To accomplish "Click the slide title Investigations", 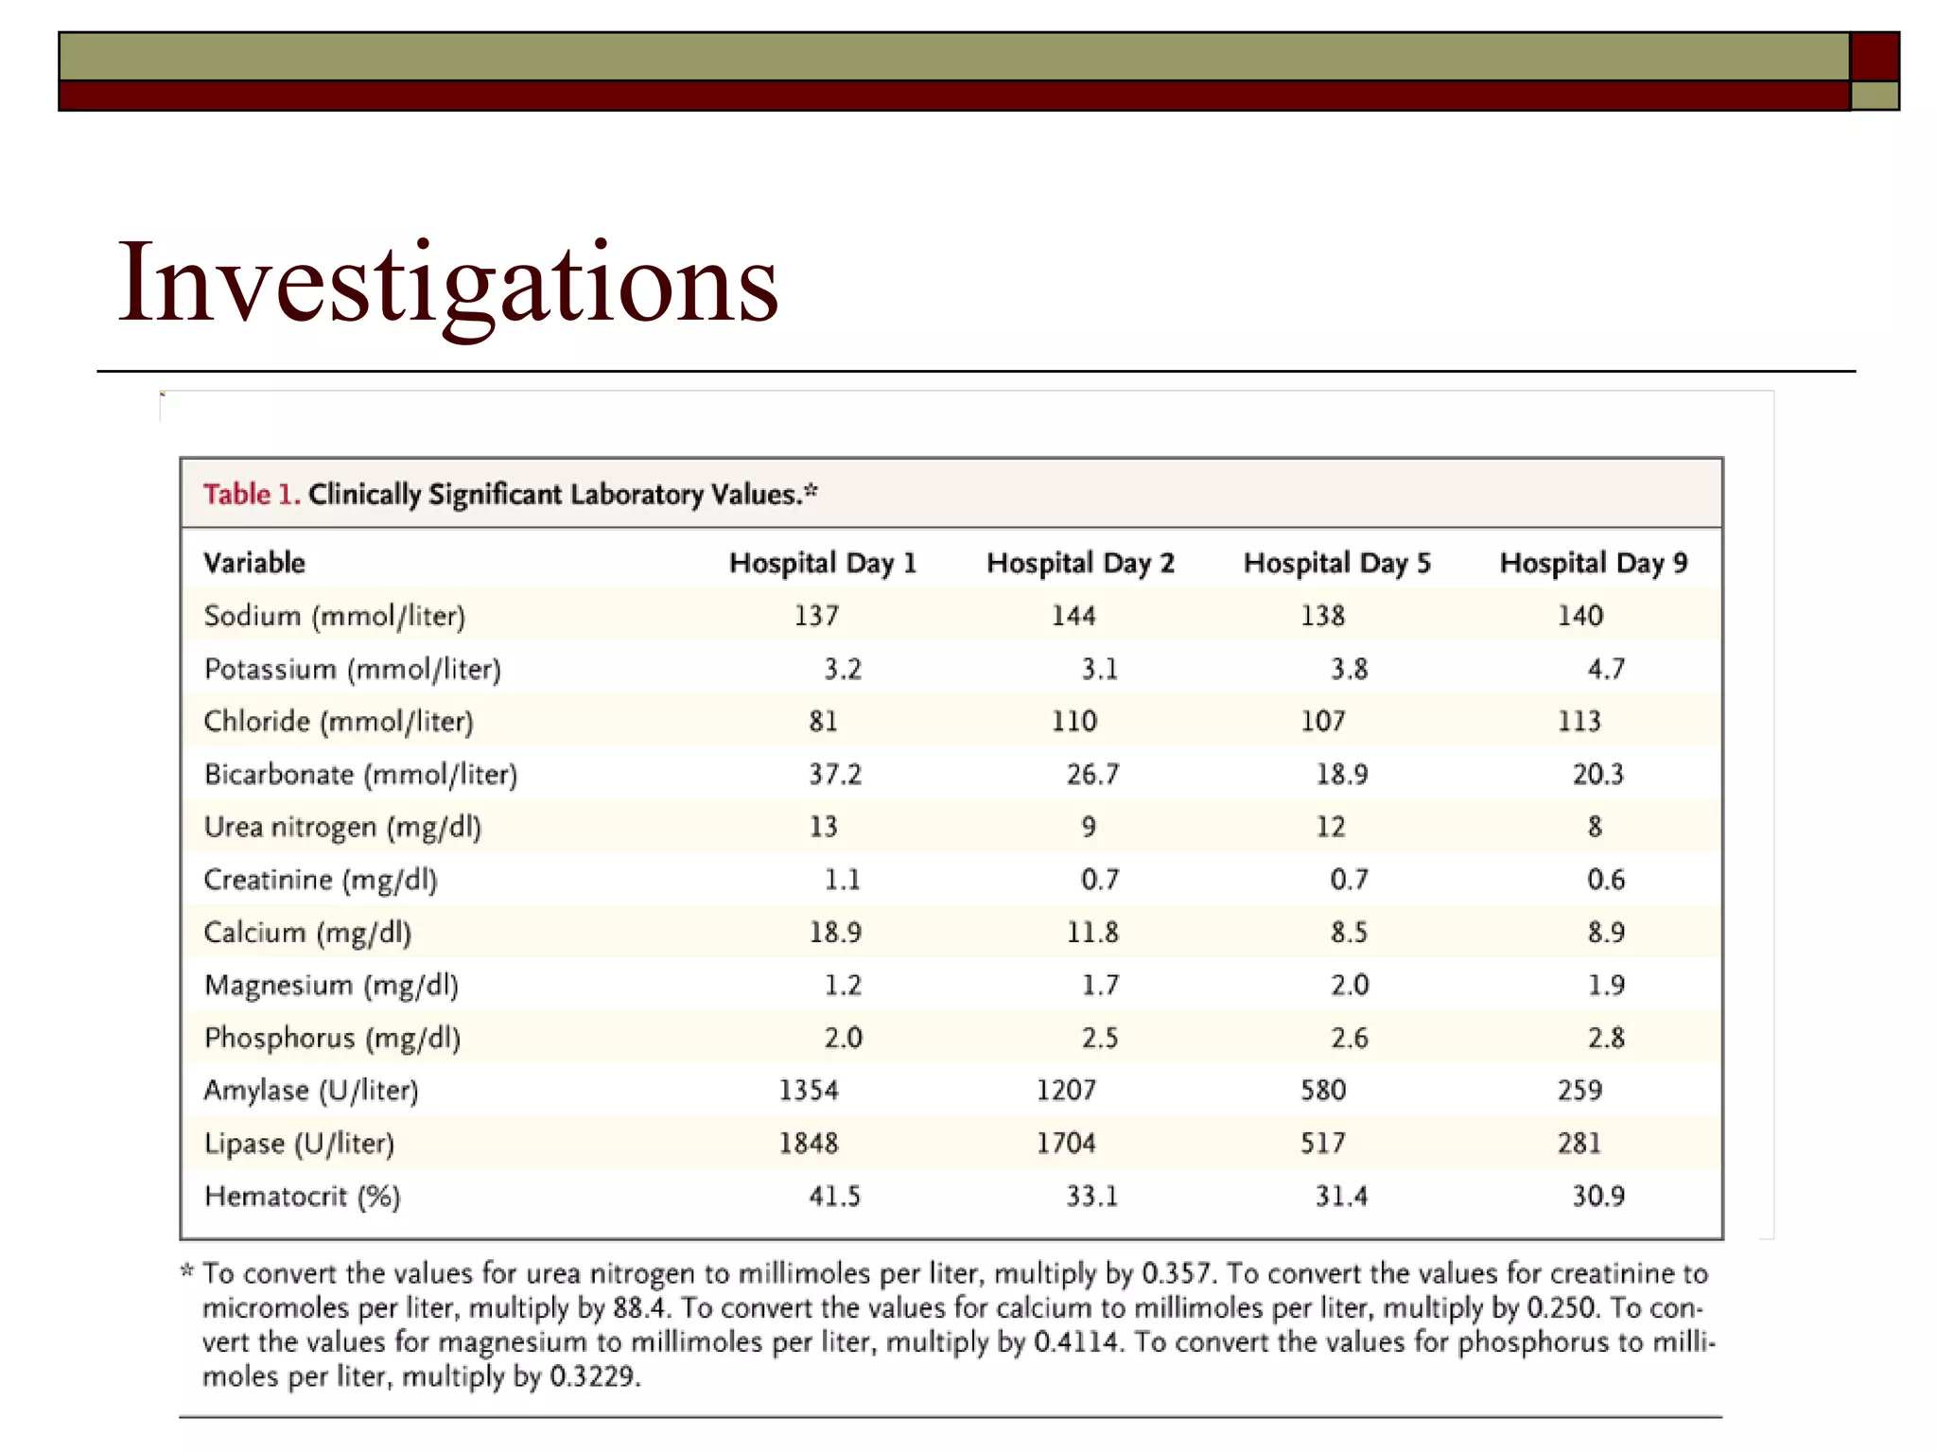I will point(447,283).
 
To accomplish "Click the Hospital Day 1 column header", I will point(823,563).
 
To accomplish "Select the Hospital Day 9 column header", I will point(1593,563).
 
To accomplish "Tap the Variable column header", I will point(254,563).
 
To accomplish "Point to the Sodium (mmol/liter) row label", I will point(335,616).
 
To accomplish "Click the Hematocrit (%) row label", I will point(303,1197).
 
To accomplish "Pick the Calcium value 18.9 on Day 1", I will point(835,933).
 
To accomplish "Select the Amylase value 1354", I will point(809,1091).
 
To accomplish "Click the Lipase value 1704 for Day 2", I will point(1066,1144).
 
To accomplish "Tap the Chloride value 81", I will point(823,722).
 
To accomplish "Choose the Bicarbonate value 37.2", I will point(835,775).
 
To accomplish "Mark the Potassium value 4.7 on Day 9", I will point(1606,669).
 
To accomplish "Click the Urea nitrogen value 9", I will point(1089,827).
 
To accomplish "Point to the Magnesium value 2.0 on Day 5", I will point(1349,986).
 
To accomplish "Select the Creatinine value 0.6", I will point(1606,880).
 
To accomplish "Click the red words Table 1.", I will point(252,494).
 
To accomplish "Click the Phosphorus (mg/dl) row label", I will point(332,1038).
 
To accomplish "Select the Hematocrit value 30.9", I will point(1598,1197).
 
